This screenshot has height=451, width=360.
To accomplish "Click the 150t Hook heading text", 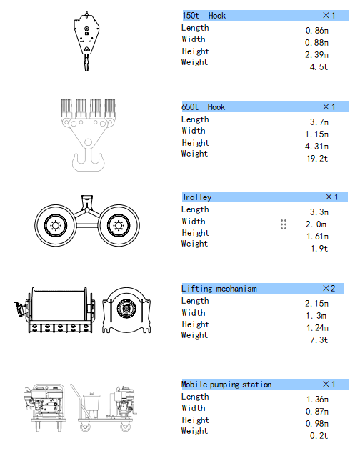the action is point(204,16).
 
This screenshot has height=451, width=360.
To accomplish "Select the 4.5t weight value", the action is point(319,67).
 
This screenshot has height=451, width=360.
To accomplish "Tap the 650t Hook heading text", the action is point(204,107).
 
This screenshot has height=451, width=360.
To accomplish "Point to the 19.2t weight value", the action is point(317,159).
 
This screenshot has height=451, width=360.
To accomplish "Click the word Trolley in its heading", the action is point(197,197).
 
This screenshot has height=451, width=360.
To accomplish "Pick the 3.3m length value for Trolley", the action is point(319,212).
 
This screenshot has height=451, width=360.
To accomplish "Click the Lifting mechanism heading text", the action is point(219,289).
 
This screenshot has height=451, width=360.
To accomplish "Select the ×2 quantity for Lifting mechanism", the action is point(329,288).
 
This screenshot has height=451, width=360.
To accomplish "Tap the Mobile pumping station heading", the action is point(226,385).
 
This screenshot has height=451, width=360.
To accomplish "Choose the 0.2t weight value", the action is point(319,436).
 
